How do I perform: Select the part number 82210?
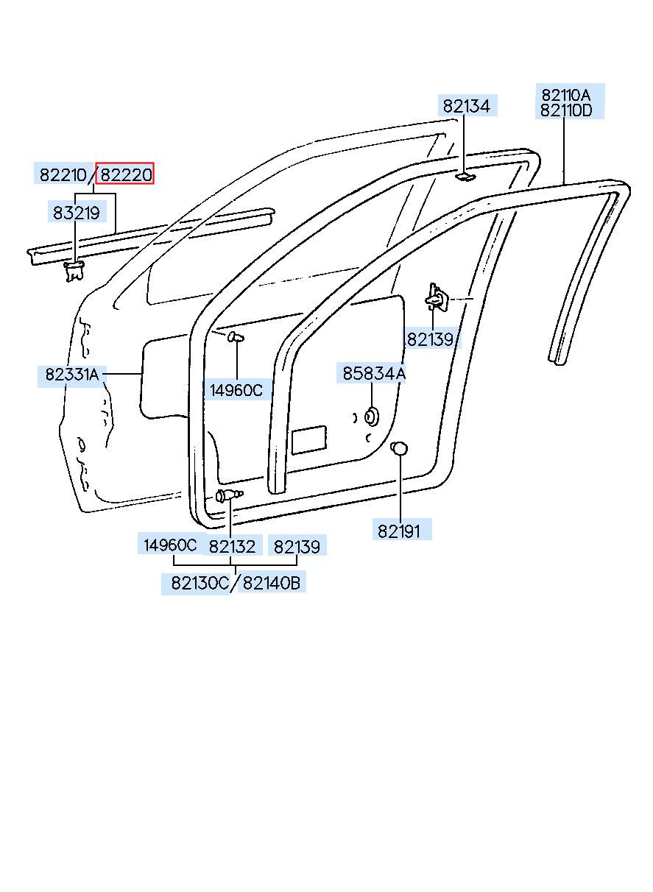63,174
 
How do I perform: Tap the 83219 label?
76,213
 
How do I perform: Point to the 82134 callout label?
466,106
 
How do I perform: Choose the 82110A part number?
565,95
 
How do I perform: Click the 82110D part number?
566,110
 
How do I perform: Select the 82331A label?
71,375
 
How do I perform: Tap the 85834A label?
374,374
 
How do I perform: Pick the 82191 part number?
399,531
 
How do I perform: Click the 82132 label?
233,546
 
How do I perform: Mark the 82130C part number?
200,583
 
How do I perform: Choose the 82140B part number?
271,583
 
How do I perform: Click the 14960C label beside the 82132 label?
170,545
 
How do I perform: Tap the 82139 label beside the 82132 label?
297,546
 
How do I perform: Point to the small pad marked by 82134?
464,177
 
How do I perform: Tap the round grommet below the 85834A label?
372,416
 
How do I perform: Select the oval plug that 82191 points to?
398,448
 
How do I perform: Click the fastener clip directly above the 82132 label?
229,495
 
